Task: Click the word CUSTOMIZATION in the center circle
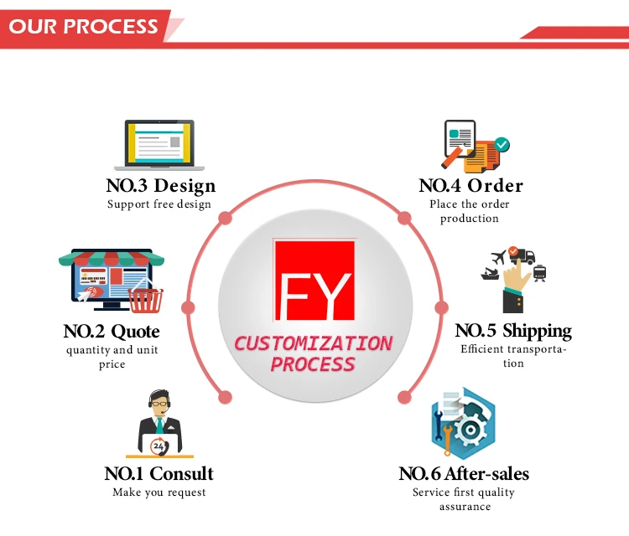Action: (313, 343)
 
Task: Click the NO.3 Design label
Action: (160, 186)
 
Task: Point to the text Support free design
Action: (159, 204)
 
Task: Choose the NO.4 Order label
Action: (470, 186)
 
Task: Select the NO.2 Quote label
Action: (112, 332)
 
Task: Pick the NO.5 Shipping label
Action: (513, 331)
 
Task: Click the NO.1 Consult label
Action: (159, 474)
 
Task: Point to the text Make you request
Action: (159, 492)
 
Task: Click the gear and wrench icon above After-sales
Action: (463, 424)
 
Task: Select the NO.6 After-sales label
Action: (464, 474)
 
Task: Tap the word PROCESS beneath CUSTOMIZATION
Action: (313, 364)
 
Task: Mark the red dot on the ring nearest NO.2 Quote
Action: (188, 307)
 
